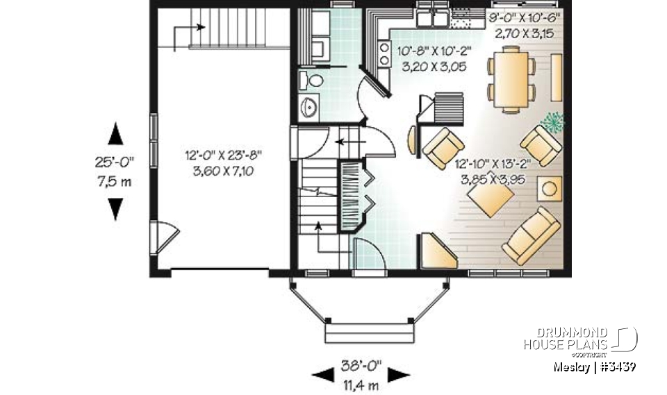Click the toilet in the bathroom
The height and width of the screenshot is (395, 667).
pos(314,81)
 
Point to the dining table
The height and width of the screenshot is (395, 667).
pos(511,78)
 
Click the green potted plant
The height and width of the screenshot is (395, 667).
pos(553,122)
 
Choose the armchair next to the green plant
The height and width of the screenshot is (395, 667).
pos(541,144)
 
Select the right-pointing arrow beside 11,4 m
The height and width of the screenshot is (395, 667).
pos(397,376)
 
